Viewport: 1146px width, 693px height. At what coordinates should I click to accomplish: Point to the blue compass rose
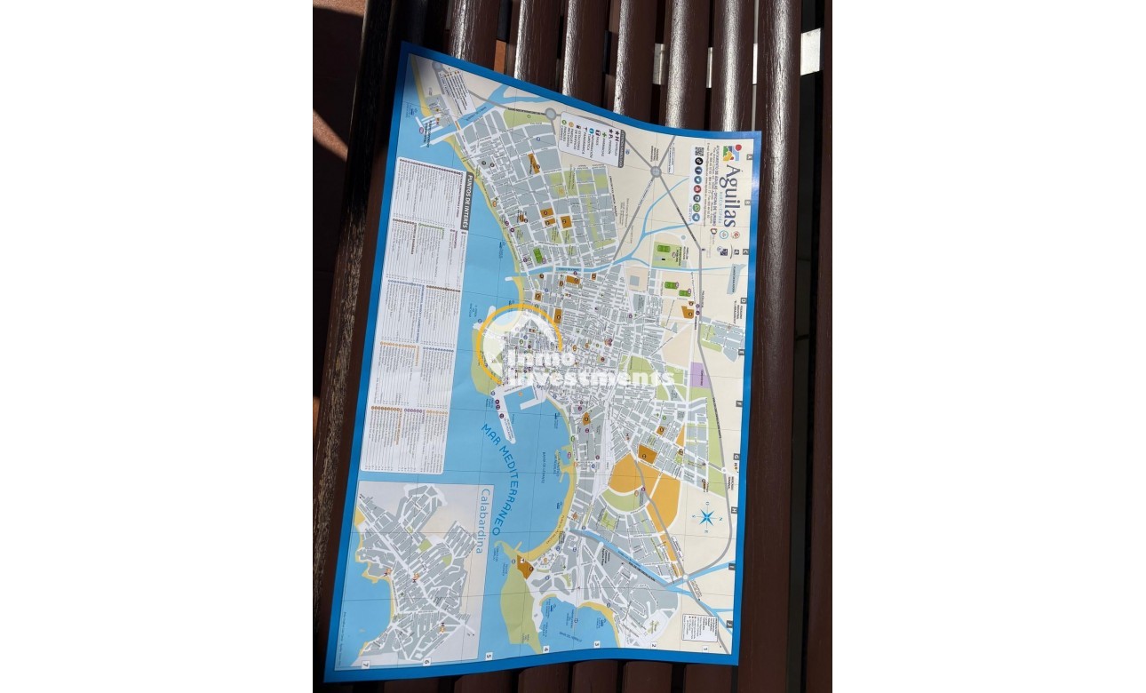click(707, 516)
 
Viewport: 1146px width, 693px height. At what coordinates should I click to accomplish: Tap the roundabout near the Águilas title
click(658, 171)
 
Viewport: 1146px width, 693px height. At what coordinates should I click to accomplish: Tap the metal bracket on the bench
click(809, 52)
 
